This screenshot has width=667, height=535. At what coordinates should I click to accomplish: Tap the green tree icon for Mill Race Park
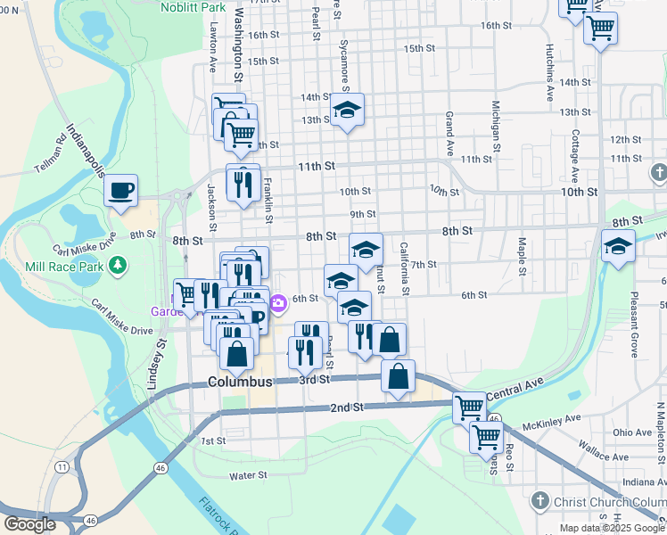pyautogui.click(x=116, y=265)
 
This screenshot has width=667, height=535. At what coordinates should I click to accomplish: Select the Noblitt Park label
pyautogui.click(x=194, y=7)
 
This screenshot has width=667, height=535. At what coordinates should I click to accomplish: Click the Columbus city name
pyautogui.click(x=240, y=382)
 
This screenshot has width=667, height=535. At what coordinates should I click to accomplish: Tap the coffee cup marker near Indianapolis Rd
pyautogui.click(x=120, y=190)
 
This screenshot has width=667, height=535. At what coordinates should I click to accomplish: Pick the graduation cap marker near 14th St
pyautogui.click(x=347, y=111)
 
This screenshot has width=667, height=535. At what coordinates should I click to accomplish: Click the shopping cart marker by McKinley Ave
pyautogui.click(x=486, y=437)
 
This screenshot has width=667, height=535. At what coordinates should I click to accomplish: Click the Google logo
pyautogui.click(x=29, y=524)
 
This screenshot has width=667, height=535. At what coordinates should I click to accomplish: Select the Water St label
pyautogui.click(x=249, y=476)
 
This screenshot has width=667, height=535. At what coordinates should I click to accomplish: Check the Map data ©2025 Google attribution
pyautogui.click(x=612, y=527)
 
